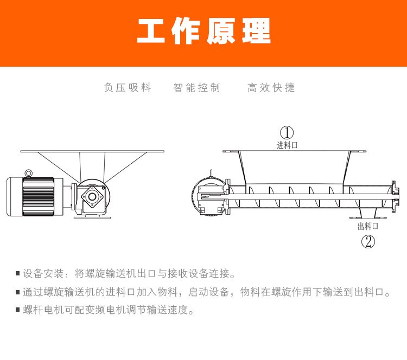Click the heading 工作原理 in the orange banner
click(203, 32)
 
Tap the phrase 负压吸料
click(128, 88)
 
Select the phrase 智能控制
click(196, 88)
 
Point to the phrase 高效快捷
click(271, 88)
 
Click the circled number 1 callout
click(287, 132)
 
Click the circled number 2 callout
click(368, 241)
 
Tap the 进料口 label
click(287, 145)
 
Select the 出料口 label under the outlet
click(367, 227)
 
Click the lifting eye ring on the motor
click(29, 173)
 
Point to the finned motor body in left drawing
click(39, 196)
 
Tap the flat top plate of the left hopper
click(92, 151)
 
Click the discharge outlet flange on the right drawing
click(368, 218)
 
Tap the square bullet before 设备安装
click(18, 274)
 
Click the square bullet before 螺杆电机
click(18, 311)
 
